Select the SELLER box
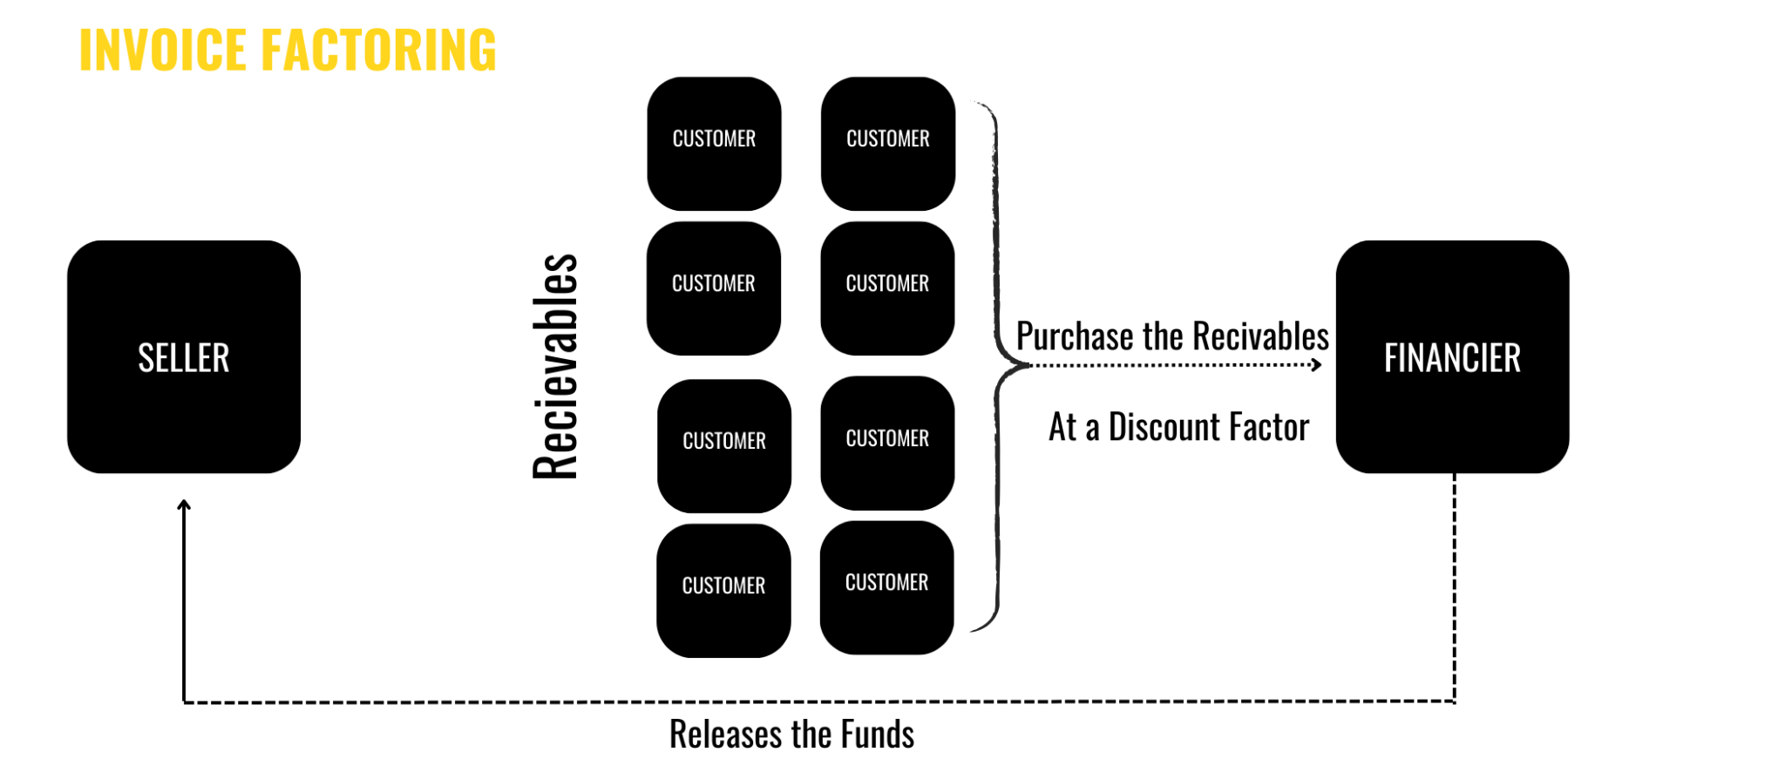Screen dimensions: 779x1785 [x=184, y=357]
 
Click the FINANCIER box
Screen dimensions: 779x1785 [x=1452, y=357]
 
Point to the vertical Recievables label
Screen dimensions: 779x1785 [x=555, y=366]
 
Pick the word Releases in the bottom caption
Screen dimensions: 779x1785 [x=725, y=735]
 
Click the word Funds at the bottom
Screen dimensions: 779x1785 [x=878, y=735]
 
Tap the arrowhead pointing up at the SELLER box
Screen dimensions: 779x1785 [x=184, y=505]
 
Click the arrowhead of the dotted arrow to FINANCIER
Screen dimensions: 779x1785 [x=1317, y=365]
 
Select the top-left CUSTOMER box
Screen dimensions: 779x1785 [x=714, y=144]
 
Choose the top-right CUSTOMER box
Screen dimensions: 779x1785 [x=888, y=144]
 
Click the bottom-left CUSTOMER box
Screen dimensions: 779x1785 [x=723, y=590]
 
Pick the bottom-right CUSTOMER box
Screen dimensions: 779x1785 [x=887, y=587]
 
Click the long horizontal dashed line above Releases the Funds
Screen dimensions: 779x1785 [x=819, y=701]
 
